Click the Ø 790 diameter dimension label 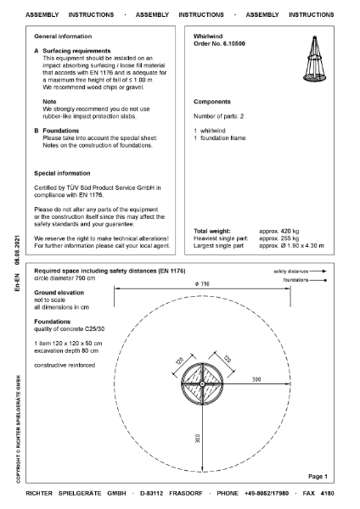pos(201,282)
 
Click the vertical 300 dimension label pos(195,439)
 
